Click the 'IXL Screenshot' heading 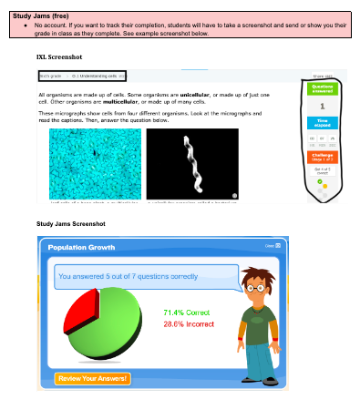point(61,56)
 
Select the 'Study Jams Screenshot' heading point(71,223)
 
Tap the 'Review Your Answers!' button point(92,378)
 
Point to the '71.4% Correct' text point(186,312)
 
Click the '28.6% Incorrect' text point(189,323)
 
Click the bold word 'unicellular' point(194,94)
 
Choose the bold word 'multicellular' point(125,101)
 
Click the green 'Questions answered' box point(323,88)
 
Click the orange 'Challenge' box point(323,158)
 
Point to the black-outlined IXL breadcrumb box point(81,75)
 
